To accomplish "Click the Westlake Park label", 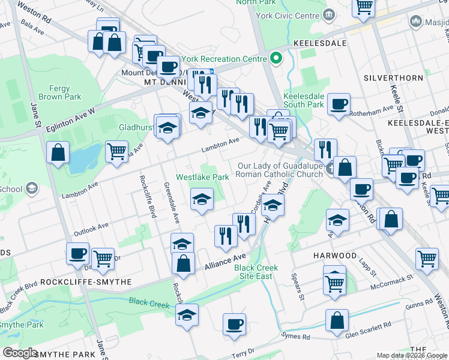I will pyautogui.click(x=202, y=177).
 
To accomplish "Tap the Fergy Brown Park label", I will pyautogui.click(x=59, y=92).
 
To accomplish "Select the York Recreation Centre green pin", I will pyautogui.click(x=276, y=59).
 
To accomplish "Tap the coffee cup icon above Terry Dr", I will pyautogui.click(x=234, y=324).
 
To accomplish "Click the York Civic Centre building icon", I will pyautogui.click(x=328, y=14).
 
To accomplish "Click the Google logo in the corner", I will pyautogui.click(x=20, y=353).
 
